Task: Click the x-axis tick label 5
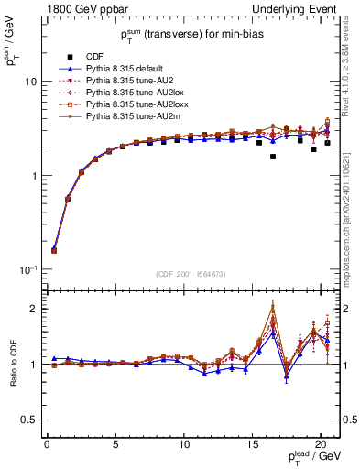tap(115, 443)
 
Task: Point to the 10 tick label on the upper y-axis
tap(31, 81)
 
